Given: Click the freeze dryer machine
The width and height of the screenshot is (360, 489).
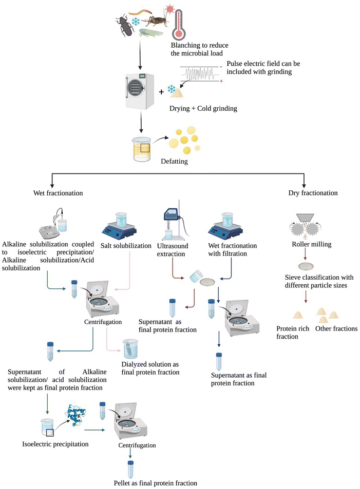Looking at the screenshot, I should pyautogui.click(x=140, y=92).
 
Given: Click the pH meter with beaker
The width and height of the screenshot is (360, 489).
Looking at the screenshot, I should pyautogui.click(x=54, y=222).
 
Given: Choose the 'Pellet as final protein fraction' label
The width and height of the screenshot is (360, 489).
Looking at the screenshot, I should pyautogui.click(x=155, y=483).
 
